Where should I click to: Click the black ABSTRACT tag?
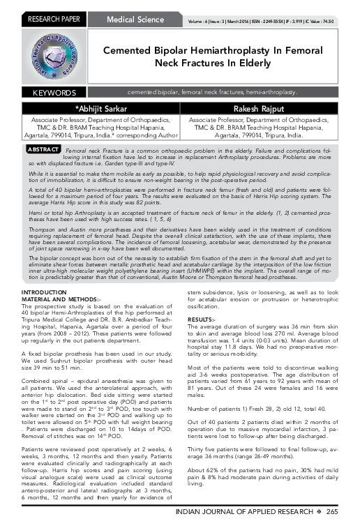click(x=41, y=150)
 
